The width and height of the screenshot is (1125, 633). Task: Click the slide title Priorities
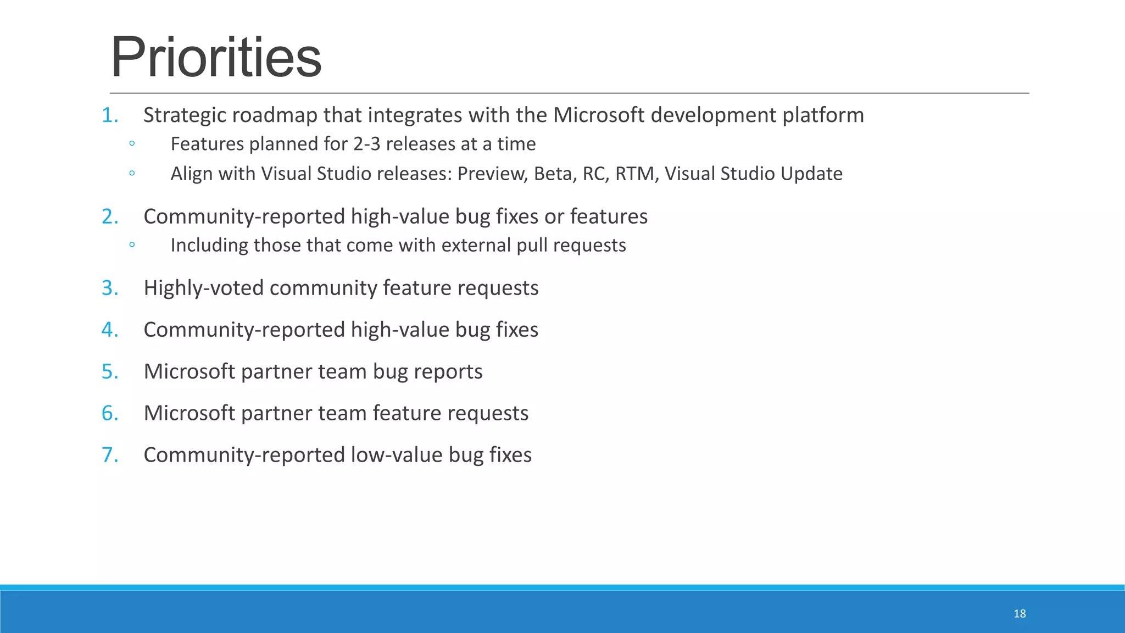point(216,58)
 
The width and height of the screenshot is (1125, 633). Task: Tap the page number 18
point(1020,614)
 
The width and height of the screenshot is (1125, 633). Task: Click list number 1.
point(109,115)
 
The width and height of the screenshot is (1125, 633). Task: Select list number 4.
point(109,330)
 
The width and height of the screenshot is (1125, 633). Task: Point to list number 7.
point(109,455)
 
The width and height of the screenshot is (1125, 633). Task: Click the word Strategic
point(184,115)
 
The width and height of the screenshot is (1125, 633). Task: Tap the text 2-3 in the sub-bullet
point(366,144)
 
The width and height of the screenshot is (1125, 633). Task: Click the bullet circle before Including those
point(132,245)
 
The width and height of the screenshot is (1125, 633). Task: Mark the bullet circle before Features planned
point(132,144)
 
